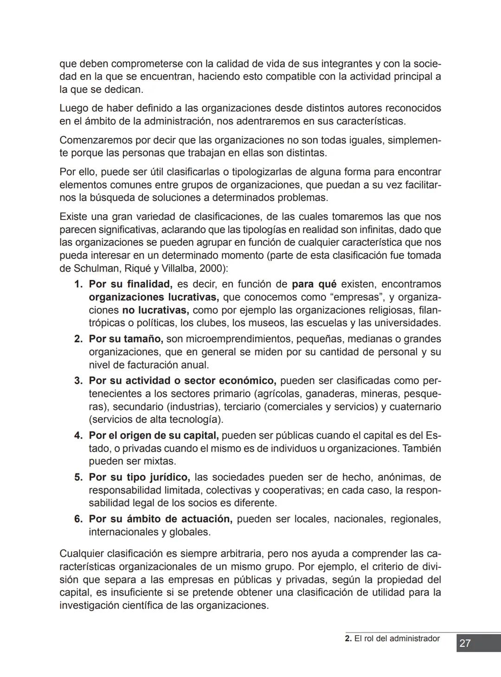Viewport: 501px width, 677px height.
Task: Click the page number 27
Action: [x=465, y=643]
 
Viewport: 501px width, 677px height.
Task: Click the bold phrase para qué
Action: [x=314, y=284]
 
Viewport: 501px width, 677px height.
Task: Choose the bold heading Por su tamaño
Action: [x=125, y=339]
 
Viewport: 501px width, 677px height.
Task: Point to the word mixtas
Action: [x=161, y=461]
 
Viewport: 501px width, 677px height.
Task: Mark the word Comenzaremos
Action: [x=96, y=140]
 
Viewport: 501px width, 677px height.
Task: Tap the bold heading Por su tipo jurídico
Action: [x=139, y=477]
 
